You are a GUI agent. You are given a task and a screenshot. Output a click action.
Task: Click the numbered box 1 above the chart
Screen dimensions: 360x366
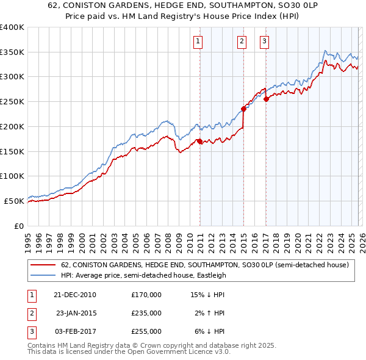[x=199, y=41]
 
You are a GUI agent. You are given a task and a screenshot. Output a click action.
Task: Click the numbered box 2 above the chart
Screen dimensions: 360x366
[x=242, y=41]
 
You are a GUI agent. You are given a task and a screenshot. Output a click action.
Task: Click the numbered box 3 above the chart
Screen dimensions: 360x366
[x=265, y=41]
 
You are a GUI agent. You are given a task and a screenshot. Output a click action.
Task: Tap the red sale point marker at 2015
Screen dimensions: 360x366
[x=243, y=109]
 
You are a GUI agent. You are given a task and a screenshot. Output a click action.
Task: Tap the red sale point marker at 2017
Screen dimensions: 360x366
[x=266, y=99]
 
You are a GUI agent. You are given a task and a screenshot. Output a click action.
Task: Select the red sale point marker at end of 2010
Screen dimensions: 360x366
[x=199, y=142]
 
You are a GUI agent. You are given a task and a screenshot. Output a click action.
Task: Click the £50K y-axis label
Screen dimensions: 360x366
[x=14, y=201]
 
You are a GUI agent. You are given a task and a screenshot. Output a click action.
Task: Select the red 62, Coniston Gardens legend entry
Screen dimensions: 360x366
[x=204, y=265]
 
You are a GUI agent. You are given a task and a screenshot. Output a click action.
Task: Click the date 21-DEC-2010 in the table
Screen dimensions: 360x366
[x=74, y=295]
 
